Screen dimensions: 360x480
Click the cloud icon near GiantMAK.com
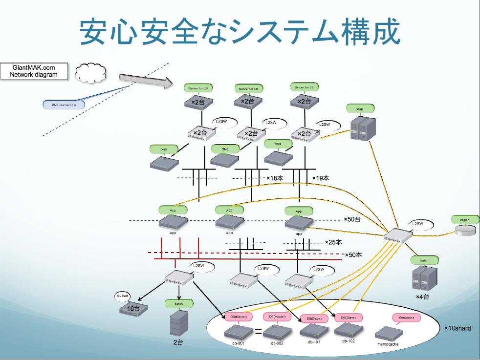tap(91, 73)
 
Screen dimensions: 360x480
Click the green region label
tap(464, 220)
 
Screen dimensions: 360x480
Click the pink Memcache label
tap(407, 318)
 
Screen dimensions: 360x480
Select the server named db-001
tap(238, 333)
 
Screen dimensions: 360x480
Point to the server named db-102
tap(348, 331)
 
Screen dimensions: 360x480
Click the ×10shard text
tap(458, 328)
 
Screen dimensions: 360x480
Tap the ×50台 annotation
tap(352, 220)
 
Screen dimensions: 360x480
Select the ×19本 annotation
tap(321, 178)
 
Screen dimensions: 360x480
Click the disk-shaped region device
tap(464, 231)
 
